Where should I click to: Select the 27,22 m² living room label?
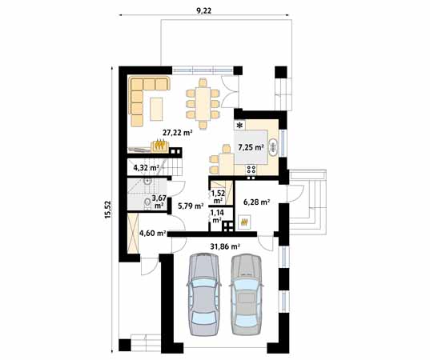[176, 133]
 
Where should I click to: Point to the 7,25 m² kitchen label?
[251, 148]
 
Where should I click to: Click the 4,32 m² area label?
[145, 168]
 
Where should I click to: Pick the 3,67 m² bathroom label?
[159, 202]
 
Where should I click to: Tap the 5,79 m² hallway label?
[189, 206]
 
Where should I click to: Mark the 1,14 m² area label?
[216, 217]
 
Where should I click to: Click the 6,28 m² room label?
[255, 203]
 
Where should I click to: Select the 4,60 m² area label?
[152, 234]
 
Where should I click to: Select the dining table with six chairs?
[203, 102]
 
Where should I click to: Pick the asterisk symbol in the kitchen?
[239, 126]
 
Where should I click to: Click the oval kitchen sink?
[273, 147]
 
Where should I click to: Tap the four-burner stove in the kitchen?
[251, 169]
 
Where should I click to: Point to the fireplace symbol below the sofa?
[160, 146]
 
